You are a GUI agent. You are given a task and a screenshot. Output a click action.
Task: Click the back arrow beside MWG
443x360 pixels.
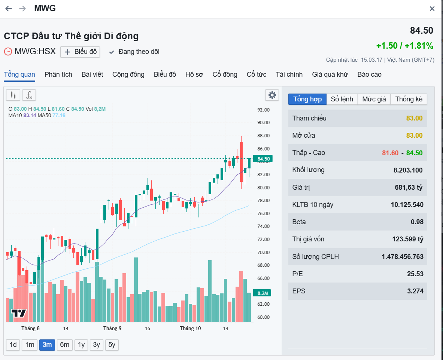(x=9, y=9)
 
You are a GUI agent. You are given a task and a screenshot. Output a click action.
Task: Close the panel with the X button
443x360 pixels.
(x=432, y=9)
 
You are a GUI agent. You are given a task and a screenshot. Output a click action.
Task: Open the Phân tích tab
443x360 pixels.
(x=58, y=74)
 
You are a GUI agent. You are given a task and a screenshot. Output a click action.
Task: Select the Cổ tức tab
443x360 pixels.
(x=257, y=74)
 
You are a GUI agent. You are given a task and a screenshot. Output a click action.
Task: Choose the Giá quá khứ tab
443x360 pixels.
(x=330, y=74)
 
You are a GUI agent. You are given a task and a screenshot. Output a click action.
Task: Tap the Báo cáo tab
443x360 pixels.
(x=369, y=74)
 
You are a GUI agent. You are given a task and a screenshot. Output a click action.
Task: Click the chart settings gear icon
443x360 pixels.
(x=272, y=95)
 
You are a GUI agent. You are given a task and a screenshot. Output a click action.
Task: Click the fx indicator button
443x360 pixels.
(x=29, y=95)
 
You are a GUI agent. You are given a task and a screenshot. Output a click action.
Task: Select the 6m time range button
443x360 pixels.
(x=65, y=345)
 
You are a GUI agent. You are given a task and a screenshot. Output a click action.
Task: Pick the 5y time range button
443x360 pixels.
(x=112, y=345)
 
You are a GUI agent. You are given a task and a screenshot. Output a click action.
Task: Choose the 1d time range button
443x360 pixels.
(x=13, y=345)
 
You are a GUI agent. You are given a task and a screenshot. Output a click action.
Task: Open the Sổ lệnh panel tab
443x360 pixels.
(x=342, y=99)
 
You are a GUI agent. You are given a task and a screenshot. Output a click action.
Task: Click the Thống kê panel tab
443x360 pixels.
(x=409, y=99)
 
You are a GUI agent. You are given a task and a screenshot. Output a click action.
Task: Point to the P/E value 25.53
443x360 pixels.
(x=415, y=274)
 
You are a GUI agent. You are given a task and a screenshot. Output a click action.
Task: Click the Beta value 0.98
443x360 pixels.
(x=417, y=222)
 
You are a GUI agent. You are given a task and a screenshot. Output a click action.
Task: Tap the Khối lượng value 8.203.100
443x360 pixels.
(x=408, y=170)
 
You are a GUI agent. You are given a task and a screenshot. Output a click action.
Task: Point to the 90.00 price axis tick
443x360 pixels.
(x=263, y=122)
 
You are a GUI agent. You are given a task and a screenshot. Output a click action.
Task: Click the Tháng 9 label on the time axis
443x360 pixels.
(x=112, y=329)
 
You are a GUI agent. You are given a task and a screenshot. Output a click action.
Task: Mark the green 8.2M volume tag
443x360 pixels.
(x=262, y=293)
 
